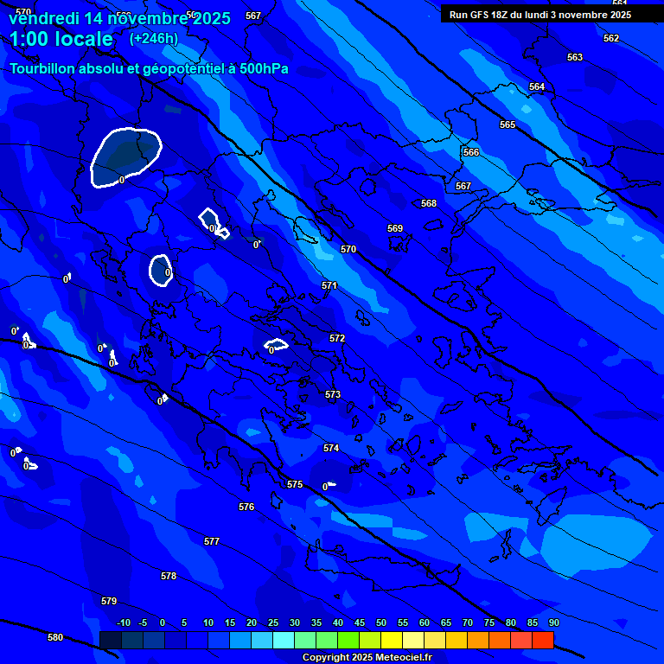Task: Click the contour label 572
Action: point(337,338)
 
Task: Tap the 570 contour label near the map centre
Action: point(348,249)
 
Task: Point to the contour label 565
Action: point(508,125)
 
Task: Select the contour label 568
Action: point(429,204)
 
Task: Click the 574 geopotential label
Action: point(331,449)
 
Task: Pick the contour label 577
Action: point(212,541)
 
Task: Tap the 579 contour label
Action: point(109,601)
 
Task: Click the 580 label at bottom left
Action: point(55,637)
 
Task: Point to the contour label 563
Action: point(575,58)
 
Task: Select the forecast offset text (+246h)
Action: point(154,39)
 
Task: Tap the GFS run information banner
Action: point(540,15)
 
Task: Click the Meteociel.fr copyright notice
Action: point(367,657)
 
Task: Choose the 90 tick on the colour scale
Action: point(553,622)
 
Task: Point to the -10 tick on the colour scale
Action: point(124,622)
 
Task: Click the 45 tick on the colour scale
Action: point(359,622)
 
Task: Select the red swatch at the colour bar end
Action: point(542,640)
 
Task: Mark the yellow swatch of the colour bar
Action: point(392,640)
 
